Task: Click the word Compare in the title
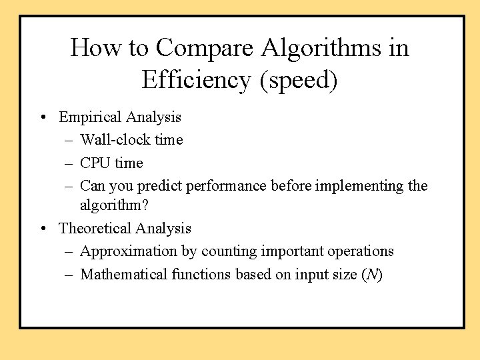click(205, 48)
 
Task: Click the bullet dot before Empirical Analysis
click(43, 118)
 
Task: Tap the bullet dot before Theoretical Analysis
click(43, 229)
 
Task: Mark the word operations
click(362, 251)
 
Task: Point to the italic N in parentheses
click(372, 274)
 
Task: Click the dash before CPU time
click(70, 163)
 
